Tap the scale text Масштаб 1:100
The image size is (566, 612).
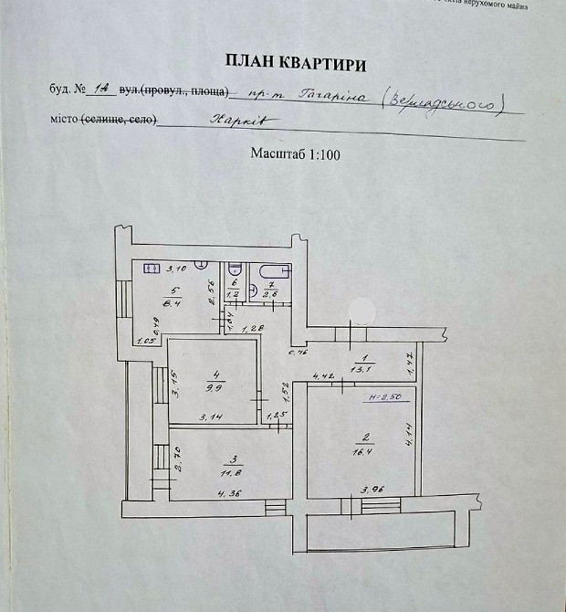[295, 154]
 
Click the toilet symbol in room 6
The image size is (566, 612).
[235, 270]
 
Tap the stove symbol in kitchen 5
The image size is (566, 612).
[148, 269]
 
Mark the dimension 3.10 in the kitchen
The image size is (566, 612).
[175, 269]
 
